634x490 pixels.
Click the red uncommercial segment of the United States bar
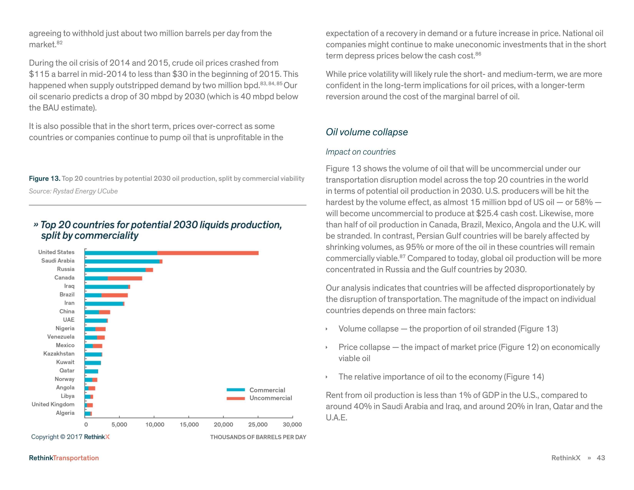207,253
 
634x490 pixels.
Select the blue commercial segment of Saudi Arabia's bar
122,261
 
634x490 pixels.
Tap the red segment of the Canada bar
125,278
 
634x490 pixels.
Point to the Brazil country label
67,294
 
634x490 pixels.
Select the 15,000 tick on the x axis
189,424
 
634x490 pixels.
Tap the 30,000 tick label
292,424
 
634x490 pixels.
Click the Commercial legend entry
267,390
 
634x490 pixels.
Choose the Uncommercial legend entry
271,398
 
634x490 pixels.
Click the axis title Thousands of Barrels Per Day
258,437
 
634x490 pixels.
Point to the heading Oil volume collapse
367,132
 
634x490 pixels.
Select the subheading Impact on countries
361,152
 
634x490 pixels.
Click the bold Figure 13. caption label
44,179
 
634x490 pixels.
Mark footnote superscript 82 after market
60,43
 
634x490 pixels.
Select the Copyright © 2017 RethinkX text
70,437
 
